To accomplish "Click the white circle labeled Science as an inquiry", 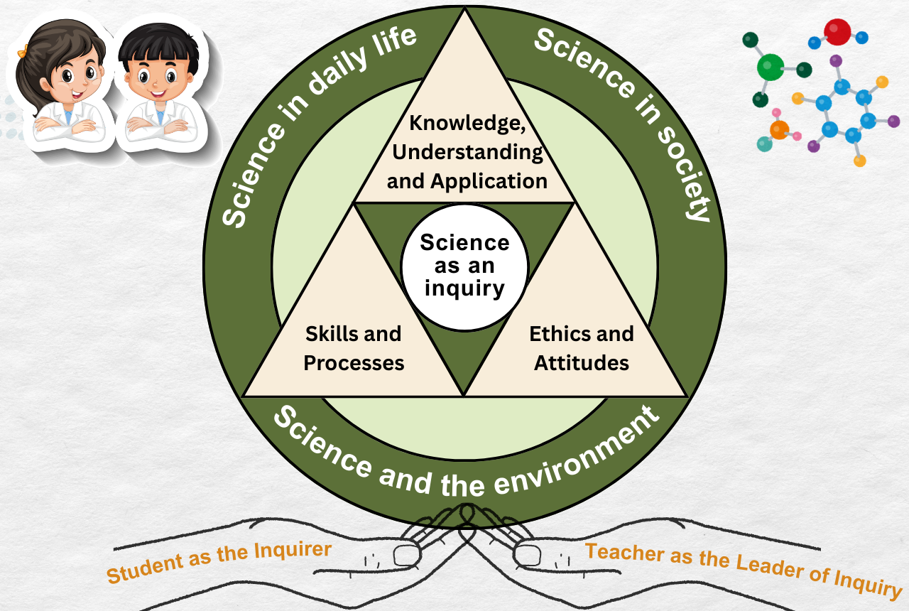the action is [464, 268].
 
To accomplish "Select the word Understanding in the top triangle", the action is [467, 153].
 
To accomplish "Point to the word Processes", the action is [354, 363].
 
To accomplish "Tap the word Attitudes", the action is [582, 362].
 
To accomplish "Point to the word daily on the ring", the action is [337, 72].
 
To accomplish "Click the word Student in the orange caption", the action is [145, 568].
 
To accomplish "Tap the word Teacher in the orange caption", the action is [625, 553].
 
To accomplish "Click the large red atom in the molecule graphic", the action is [837, 32].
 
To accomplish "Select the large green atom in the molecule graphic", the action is [771, 67].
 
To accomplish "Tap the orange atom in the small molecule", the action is [779, 130].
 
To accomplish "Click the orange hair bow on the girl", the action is [23, 50].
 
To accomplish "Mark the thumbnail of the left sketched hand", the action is [406, 555].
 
